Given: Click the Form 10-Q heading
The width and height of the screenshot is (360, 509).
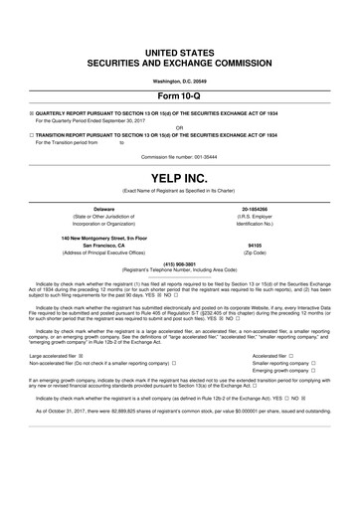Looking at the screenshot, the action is pos(180,96).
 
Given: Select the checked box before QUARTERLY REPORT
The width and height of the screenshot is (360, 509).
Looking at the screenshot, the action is pos(32,113).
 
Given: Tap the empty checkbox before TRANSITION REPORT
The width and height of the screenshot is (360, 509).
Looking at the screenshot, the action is pos(32,134).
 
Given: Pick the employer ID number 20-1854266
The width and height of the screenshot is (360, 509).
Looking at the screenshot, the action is pos(255,209).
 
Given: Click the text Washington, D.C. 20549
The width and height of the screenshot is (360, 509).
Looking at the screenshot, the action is pos(180,80).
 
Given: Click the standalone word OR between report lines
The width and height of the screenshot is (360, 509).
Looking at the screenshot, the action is pos(179,126).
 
